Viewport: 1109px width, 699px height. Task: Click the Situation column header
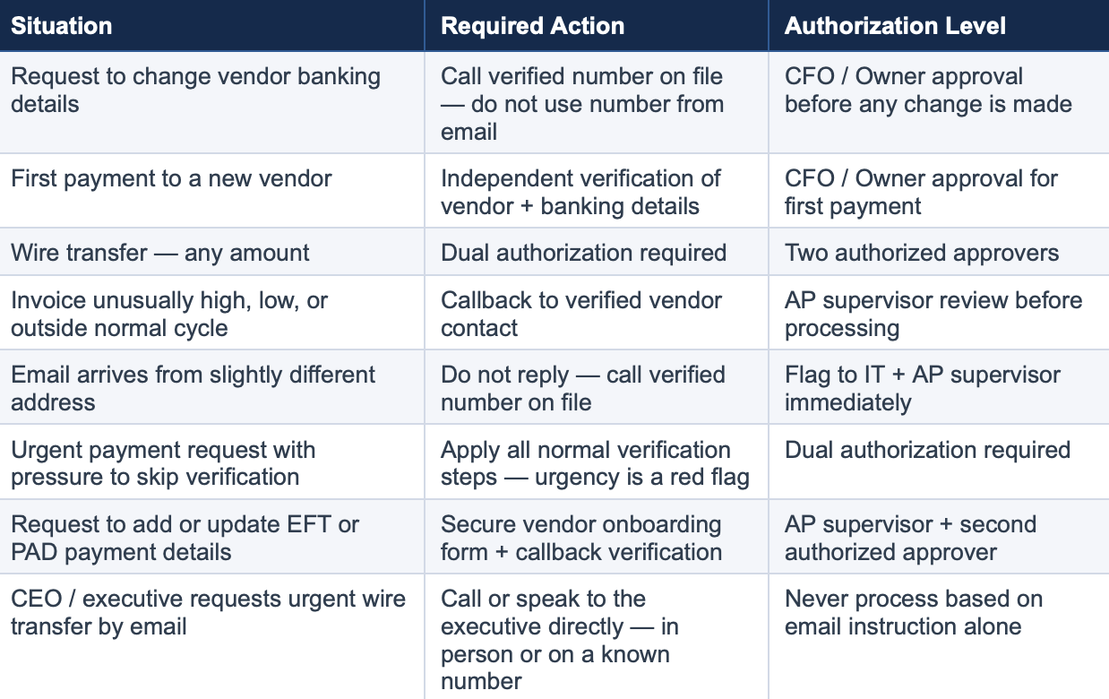pos(62,26)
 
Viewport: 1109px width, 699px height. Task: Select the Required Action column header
pos(533,26)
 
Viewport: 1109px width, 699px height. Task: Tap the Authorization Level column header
pos(895,26)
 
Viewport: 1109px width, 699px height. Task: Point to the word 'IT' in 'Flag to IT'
pos(874,375)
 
